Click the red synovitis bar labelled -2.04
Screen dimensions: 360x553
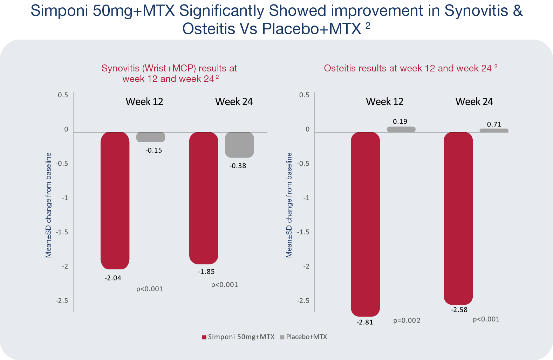tap(115, 200)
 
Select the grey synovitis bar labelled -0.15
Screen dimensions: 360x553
tap(151, 137)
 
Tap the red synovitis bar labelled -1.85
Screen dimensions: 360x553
tap(204, 198)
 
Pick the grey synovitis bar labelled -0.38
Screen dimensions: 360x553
tap(239, 145)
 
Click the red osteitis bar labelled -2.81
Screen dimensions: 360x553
tap(365, 224)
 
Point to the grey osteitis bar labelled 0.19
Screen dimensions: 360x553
tap(401, 129)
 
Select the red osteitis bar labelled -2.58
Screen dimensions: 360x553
tap(458, 218)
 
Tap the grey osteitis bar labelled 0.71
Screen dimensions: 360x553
tap(494, 130)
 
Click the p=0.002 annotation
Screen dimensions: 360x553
tap(407, 320)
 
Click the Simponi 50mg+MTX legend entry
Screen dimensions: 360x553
tap(238, 337)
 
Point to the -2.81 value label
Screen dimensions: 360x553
tap(365, 322)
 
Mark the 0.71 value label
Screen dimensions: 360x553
tap(494, 124)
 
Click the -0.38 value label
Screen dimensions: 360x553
tap(238, 166)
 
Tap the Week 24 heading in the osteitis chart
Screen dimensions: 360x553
tap(474, 102)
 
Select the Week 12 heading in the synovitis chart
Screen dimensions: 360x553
tap(144, 102)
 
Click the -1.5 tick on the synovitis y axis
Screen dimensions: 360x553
tap(62, 232)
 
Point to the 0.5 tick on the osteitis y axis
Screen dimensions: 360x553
tap(304, 95)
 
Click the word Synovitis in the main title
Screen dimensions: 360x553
tap(476, 11)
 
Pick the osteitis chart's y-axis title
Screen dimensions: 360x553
tap(289, 205)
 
